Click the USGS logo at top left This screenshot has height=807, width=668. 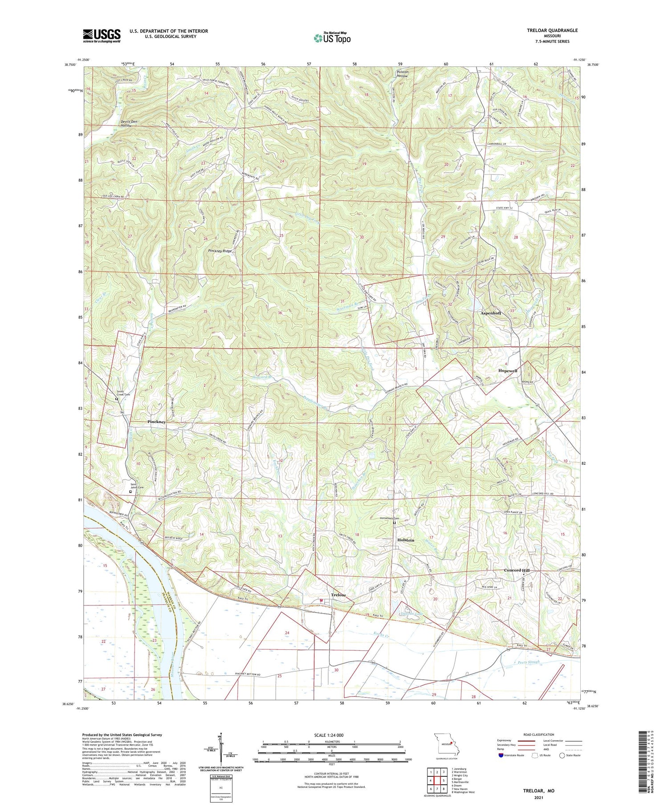102,36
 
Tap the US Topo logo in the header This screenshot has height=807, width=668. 332,38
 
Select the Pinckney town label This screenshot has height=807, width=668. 156,421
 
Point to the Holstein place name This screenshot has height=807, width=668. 405,540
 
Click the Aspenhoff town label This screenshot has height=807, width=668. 491,313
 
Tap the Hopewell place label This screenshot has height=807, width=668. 507,371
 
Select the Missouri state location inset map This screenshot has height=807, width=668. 445,744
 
